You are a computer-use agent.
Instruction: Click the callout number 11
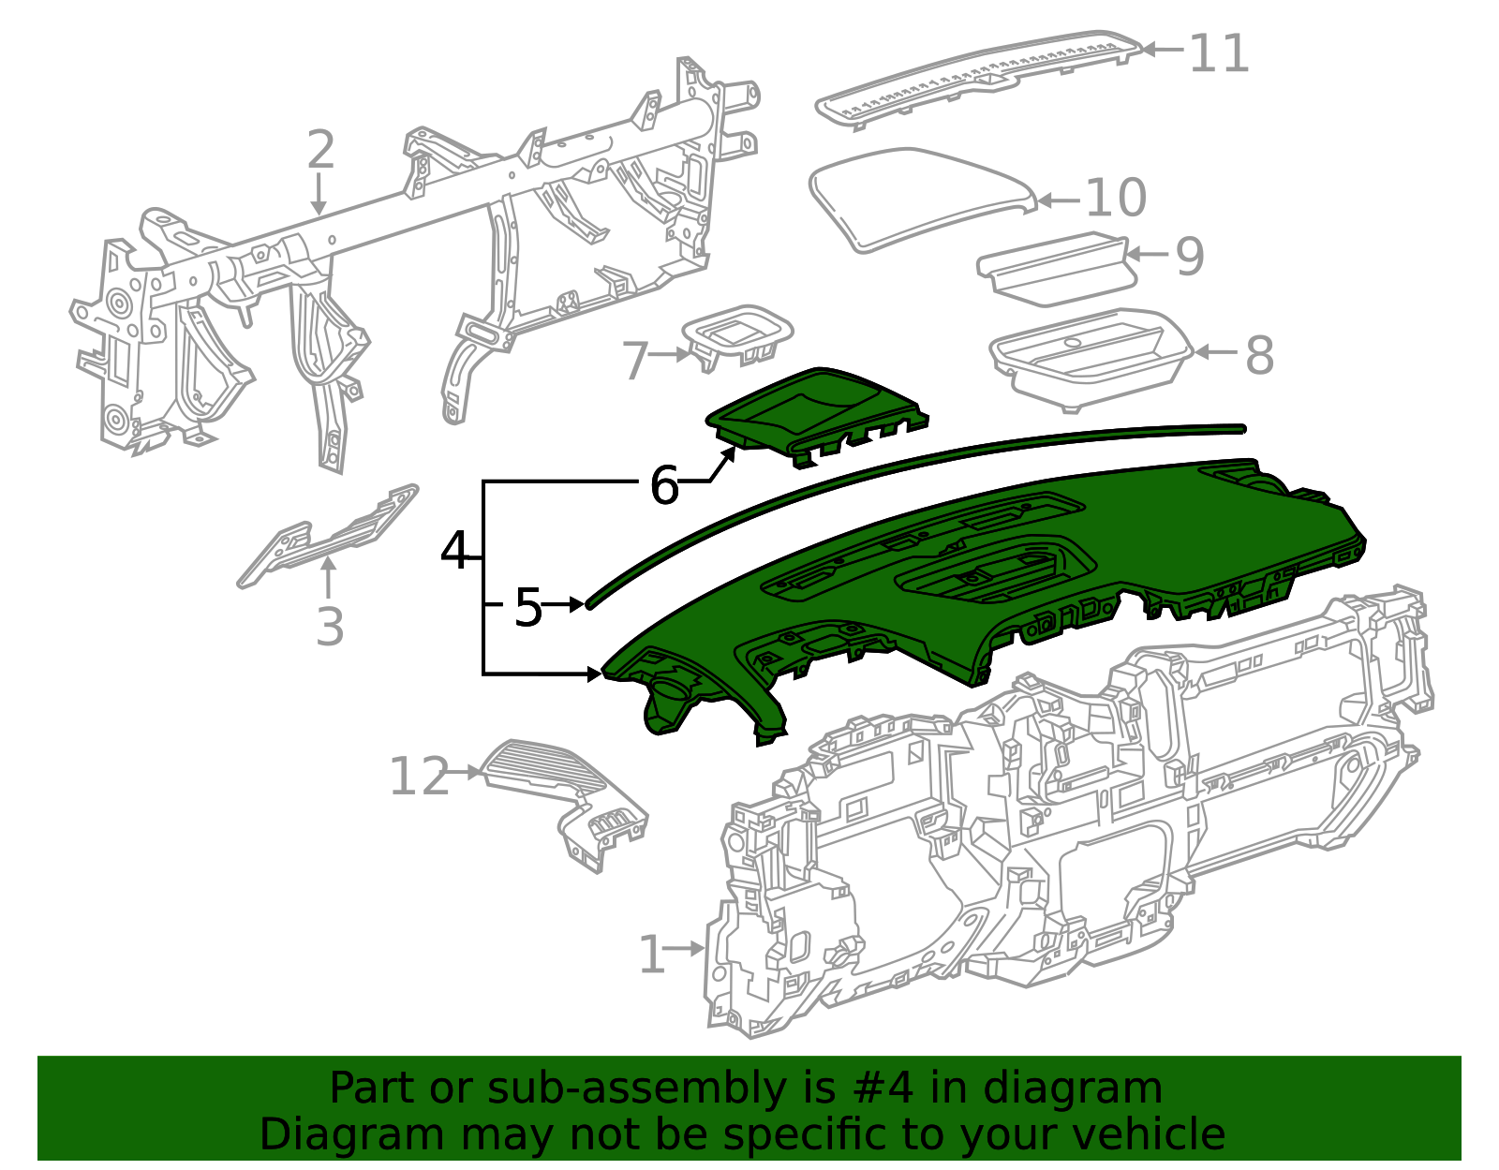pyautogui.click(x=1219, y=53)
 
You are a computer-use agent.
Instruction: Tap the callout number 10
pyautogui.click(x=1116, y=198)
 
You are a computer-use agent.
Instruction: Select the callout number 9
pyautogui.click(x=1189, y=256)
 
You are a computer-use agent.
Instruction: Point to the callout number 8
pyautogui.click(x=1259, y=356)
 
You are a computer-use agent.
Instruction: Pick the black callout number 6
pyautogui.click(x=664, y=486)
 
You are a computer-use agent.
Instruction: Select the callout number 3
pyautogui.click(x=330, y=627)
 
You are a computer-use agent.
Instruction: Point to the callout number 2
pyautogui.click(x=320, y=151)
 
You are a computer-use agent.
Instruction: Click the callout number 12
pyautogui.click(x=419, y=777)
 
